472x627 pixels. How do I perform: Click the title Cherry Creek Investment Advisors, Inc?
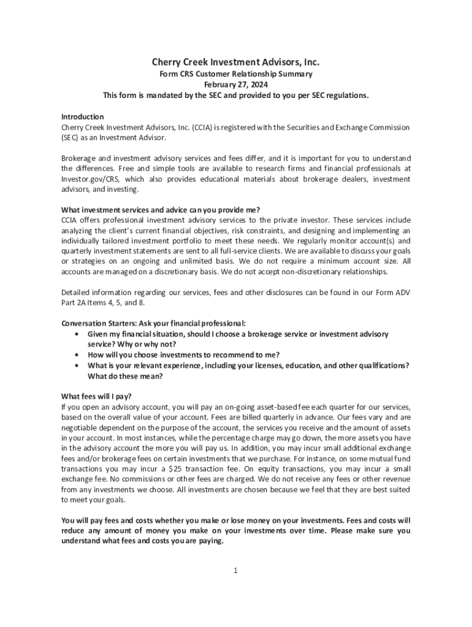[236, 62]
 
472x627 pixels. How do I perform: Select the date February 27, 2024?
[236, 85]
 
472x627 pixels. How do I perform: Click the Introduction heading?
[82, 116]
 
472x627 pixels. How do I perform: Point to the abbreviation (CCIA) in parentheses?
[203, 127]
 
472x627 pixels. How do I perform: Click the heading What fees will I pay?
[96, 396]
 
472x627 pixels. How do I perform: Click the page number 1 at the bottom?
[235, 571]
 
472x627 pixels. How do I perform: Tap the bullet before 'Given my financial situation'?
[75, 334]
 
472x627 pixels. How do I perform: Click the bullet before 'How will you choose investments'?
[75, 355]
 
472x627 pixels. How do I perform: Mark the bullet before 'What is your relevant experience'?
[75, 366]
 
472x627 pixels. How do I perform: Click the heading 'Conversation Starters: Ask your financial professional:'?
[153, 323]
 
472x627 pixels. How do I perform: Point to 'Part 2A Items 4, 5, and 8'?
[103, 303]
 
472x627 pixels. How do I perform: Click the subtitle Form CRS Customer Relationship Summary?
[236, 74]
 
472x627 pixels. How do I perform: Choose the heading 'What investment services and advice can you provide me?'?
[164, 209]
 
